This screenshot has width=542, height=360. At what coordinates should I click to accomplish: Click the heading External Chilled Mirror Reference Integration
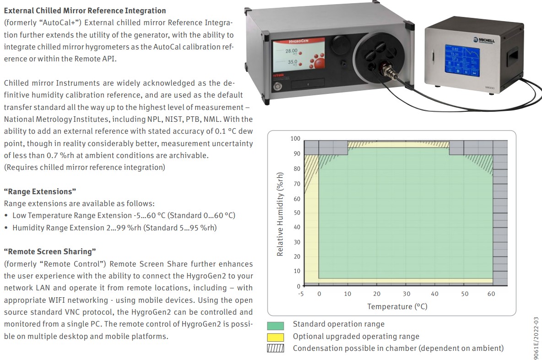tap(85, 11)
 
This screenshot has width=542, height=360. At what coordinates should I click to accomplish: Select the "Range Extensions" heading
tap(40, 191)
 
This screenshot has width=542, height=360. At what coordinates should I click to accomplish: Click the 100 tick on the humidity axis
tap(295, 139)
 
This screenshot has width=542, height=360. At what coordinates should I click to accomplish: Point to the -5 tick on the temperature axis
tap(301, 294)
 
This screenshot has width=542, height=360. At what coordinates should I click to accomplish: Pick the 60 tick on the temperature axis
tap(491, 294)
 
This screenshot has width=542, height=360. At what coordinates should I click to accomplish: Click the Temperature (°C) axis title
tap(397, 306)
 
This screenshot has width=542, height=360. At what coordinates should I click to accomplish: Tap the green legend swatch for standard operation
tap(276, 325)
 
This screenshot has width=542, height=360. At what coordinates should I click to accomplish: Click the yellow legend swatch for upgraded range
tap(276, 337)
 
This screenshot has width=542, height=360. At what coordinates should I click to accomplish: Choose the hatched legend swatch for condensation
tap(276, 349)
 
